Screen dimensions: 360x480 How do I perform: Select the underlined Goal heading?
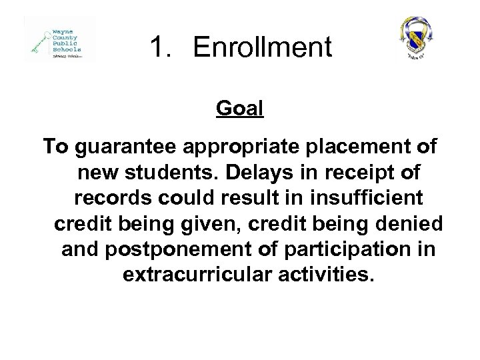240,108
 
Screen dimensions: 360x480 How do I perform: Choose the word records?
109,199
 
